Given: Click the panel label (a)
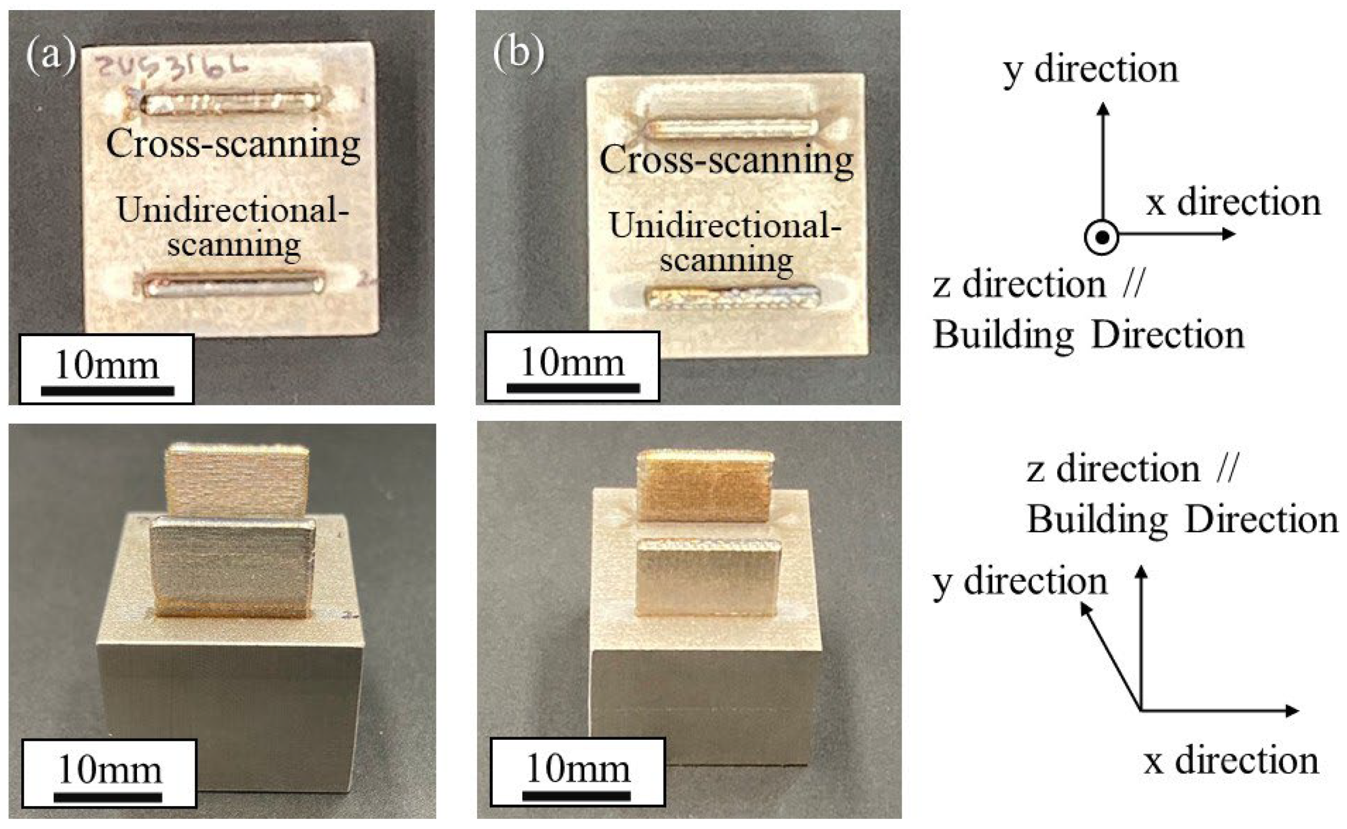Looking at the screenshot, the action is point(50,55).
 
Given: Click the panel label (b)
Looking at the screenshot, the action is point(518,55).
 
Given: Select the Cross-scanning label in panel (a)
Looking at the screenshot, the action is point(233,144).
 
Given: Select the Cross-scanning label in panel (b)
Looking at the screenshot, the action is point(726,160).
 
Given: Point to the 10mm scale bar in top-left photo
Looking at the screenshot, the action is point(107,390).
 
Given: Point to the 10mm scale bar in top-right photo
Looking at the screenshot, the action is point(573,388).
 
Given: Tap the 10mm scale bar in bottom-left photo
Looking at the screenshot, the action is point(108,796).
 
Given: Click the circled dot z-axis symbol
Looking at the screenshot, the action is point(1101,237).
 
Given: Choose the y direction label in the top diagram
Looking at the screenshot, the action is point(1091,70).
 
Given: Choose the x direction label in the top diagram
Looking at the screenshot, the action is point(1233,202).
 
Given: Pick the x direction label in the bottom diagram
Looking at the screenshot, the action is point(1231,761).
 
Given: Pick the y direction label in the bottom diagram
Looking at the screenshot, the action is point(1019,582).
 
